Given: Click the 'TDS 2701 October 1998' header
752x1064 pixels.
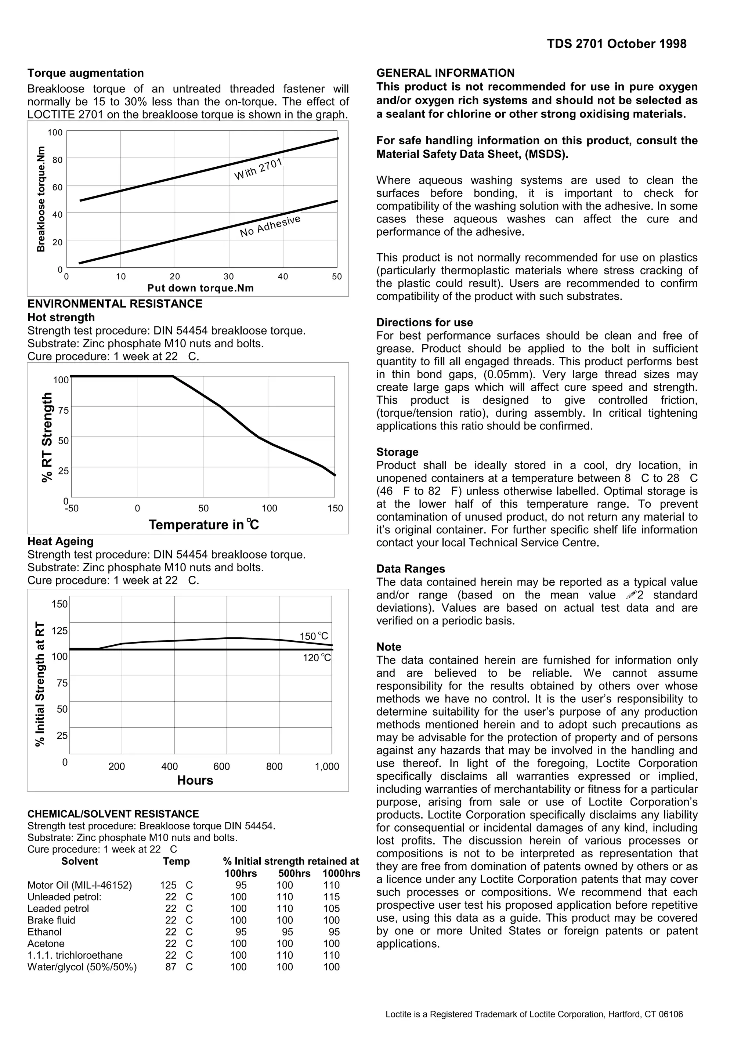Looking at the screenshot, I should [x=616, y=44].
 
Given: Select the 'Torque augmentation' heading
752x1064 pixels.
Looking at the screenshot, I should [x=86, y=73].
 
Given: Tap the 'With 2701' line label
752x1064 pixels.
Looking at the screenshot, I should [x=258, y=169].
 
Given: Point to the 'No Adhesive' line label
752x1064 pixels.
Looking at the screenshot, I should [x=270, y=226].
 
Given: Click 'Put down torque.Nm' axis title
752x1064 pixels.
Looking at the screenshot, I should [x=200, y=288].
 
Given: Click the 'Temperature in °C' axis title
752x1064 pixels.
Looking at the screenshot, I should [x=204, y=525].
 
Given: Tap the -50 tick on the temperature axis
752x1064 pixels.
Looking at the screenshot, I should [x=72, y=509].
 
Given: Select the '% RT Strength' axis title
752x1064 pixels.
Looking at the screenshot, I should [x=47, y=438].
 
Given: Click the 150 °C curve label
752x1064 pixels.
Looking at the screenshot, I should [x=314, y=636].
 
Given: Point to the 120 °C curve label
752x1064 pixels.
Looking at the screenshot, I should [x=317, y=658].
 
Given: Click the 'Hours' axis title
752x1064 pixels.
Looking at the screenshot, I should [x=195, y=781].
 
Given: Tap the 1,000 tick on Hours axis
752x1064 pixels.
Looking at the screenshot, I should [x=327, y=767].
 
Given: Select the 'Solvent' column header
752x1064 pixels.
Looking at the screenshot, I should [x=80, y=861].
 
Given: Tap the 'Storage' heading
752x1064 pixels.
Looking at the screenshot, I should [x=397, y=452].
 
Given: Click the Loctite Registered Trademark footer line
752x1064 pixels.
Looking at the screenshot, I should [x=534, y=1014].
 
